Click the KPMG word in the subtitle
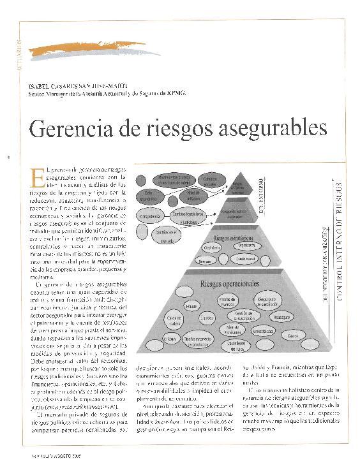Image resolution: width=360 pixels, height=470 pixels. tap(176, 93)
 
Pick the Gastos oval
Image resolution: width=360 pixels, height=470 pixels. tap(293, 335)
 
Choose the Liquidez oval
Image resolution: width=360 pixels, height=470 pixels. tap(206, 316)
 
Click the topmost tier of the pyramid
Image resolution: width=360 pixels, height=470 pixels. tap(237, 184)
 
